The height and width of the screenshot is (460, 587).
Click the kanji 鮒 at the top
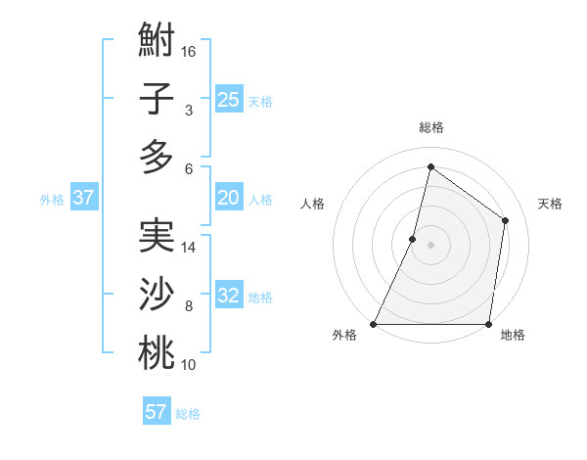click(x=157, y=43)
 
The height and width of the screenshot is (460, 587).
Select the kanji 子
click(x=157, y=100)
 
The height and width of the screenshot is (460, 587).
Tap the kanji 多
click(x=157, y=157)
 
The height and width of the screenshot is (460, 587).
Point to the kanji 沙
click(x=157, y=295)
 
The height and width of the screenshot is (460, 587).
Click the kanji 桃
click(x=157, y=352)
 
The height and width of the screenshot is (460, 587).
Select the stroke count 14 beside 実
click(x=189, y=248)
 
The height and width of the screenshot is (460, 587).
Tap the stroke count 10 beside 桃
click(x=189, y=365)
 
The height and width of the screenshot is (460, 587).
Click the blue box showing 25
click(x=228, y=99)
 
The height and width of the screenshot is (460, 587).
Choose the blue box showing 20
click(x=228, y=198)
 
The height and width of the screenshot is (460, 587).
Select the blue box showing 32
click(x=228, y=296)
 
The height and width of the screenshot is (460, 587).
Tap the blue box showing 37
click(x=83, y=198)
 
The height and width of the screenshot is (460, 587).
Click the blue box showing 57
click(x=156, y=412)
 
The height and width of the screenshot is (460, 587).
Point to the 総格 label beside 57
click(x=188, y=414)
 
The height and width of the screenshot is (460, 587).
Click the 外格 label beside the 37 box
click(x=52, y=200)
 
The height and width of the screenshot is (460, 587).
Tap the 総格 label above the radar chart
click(x=430, y=128)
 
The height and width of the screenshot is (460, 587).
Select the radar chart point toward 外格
click(x=374, y=324)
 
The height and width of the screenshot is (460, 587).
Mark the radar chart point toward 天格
click(x=506, y=220)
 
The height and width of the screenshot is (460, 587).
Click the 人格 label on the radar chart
click(x=312, y=204)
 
